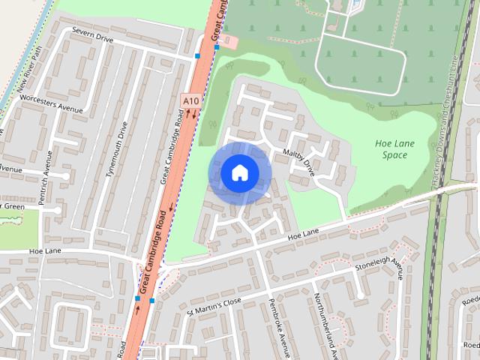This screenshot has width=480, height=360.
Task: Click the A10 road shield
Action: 191,99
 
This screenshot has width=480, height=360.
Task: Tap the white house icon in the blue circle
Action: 239,173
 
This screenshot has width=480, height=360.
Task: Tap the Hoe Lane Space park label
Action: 391,149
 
